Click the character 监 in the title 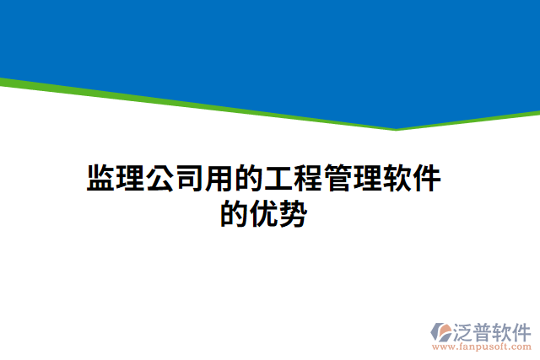tap(101, 180)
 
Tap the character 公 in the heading tap(160, 180)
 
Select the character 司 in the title tap(190, 180)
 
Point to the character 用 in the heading tap(219, 180)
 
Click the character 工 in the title tap(278, 180)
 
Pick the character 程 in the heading tap(308, 180)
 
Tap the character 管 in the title tap(337, 180)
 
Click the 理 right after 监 tap(131, 180)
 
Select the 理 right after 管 tap(367, 180)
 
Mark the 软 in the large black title tap(397, 180)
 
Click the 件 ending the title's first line tap(426, 180)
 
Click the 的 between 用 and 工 tap(249, 180)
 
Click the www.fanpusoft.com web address tap(481, 346)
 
